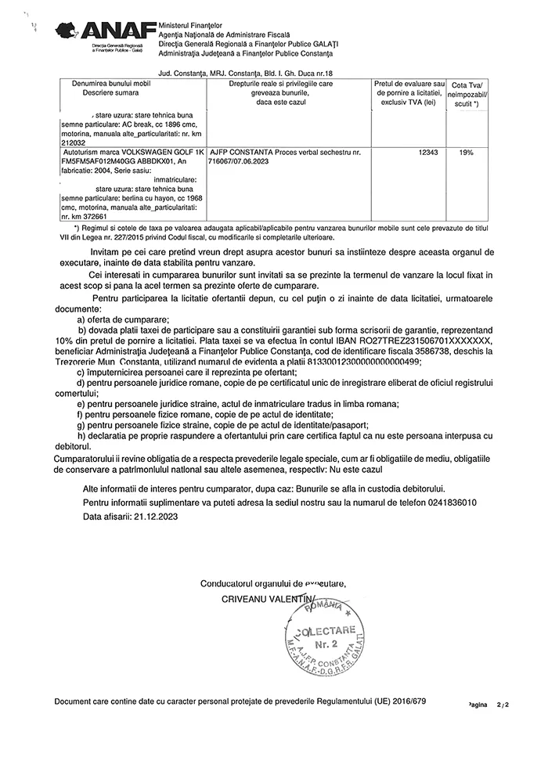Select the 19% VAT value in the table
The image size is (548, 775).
pos(467,153)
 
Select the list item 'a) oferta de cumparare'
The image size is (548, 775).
pos(123,320)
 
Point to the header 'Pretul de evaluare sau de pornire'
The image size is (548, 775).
pos(409,88)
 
